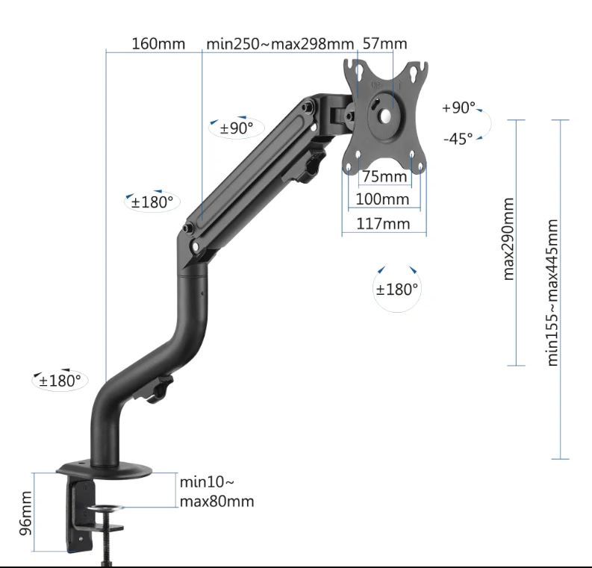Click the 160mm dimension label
coord(158,43)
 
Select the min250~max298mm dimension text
coord(280,43)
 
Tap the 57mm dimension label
coord(385,43)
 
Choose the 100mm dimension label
coord(382,199)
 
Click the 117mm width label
coord(384,223)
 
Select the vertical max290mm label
coord(509,239)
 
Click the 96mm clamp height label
coord(26,514)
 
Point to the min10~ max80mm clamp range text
coord(216,491)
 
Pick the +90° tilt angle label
coord(458,108)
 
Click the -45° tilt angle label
coord(458,139)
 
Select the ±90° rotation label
coord(236,128)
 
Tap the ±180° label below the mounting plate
coord(397,289)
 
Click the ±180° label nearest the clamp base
coord(60,381)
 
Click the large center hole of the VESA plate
coord(385,116)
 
